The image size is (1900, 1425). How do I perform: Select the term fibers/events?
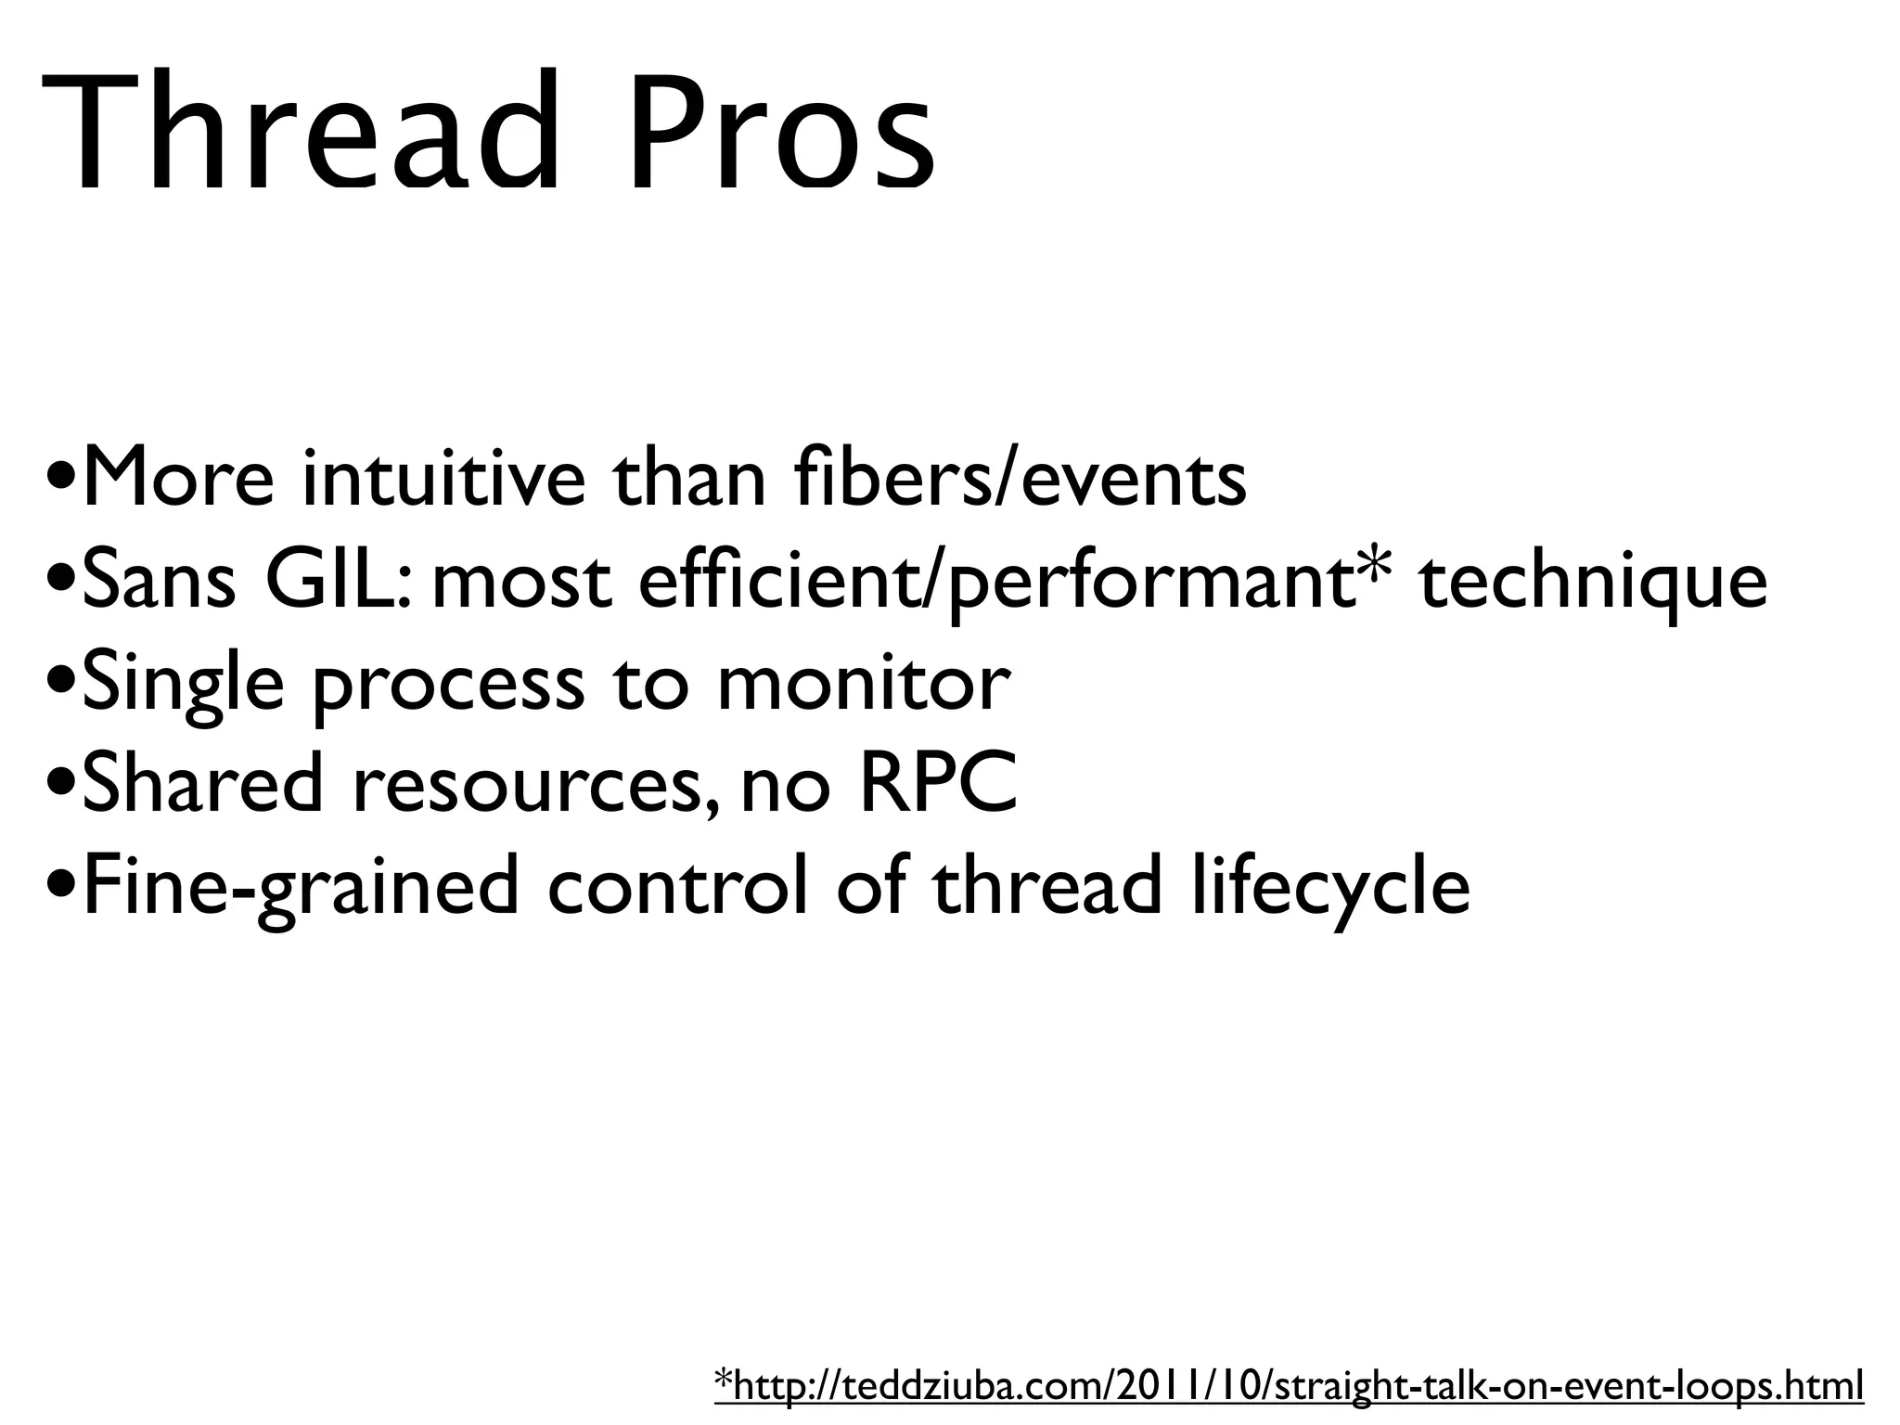coord(1021,479)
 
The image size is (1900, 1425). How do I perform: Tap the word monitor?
coord(863,683)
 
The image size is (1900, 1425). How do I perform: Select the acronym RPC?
coord(939,784)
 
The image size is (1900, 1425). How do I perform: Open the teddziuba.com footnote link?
coord(1290,1386)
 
